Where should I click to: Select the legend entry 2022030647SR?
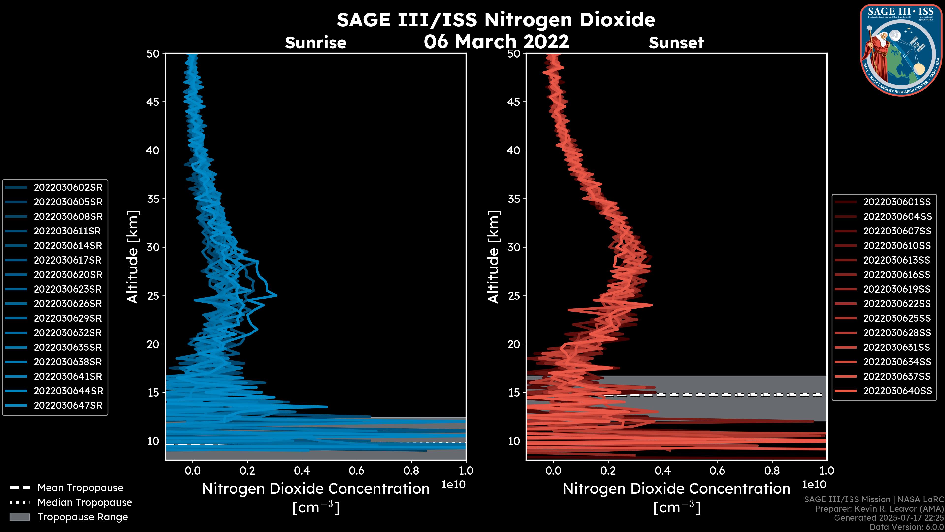tap(68, 406)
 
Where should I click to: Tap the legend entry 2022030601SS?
tap(897, 202)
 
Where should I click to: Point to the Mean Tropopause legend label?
tap(80, 488)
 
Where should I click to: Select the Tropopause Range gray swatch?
tap(19, 517)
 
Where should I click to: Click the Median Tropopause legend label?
tap(85, 502)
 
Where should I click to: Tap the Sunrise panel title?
tap(315, 43)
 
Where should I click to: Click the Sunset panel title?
tap(676, 43)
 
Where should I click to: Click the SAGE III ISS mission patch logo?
tap(901, 50)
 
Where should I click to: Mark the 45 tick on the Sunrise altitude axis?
tap(153, 102)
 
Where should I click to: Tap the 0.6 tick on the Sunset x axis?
tap(717, 471)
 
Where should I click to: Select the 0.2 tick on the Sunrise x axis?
tap(247, 471)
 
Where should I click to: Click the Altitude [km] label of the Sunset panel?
tap(493, 257)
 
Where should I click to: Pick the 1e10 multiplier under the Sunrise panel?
tap(453, 485)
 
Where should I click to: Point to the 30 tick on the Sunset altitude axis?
tap(514, 247)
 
